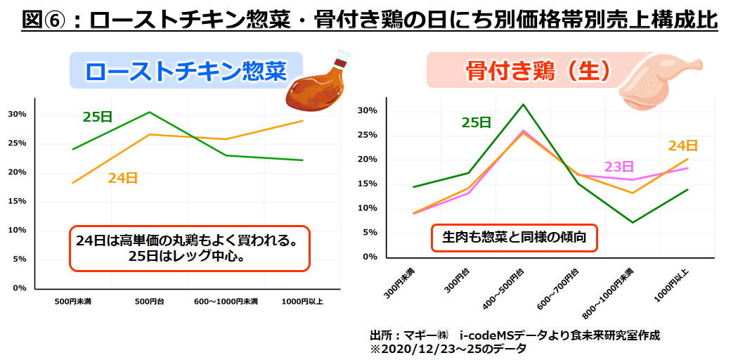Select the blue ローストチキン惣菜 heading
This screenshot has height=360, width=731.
[x=186, y=70]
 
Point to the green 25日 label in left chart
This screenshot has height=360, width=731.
[x=98, y=117]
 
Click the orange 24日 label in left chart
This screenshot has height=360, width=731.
[x=123, y=179]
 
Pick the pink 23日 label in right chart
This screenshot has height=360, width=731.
[x=619, y=167]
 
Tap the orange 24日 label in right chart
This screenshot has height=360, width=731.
[x=683, y=146]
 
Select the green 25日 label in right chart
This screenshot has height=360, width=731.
[x=477, y=122]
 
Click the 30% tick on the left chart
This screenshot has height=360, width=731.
[x=17, y=115]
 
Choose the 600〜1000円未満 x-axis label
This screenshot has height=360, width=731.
[x=226, y=302]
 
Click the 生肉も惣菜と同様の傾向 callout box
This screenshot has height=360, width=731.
[x=514, y=238]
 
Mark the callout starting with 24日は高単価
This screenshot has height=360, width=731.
[x=189, y=247]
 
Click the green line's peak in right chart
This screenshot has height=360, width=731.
[x=523, y=105]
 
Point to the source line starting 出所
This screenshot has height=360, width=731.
[x=515, y=335]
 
